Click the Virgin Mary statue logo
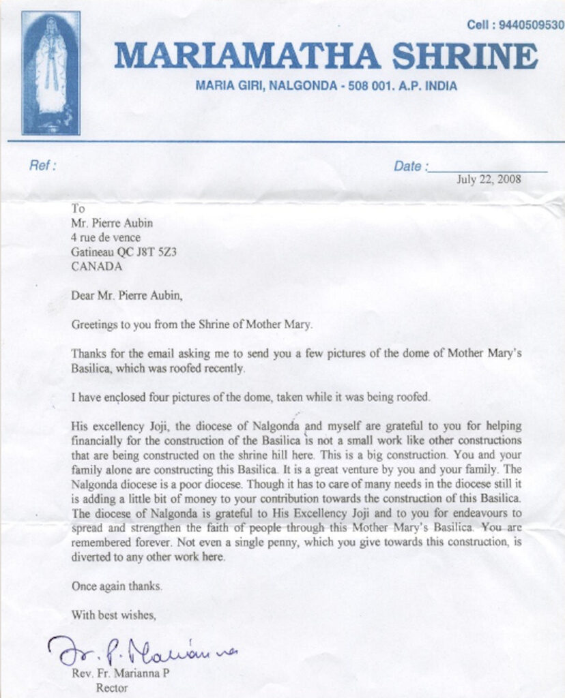point(51,72)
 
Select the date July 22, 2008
point(489,180)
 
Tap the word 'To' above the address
point(78,209)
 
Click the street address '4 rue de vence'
point(106,237)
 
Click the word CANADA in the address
point(97,267)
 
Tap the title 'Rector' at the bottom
point(112,687)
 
